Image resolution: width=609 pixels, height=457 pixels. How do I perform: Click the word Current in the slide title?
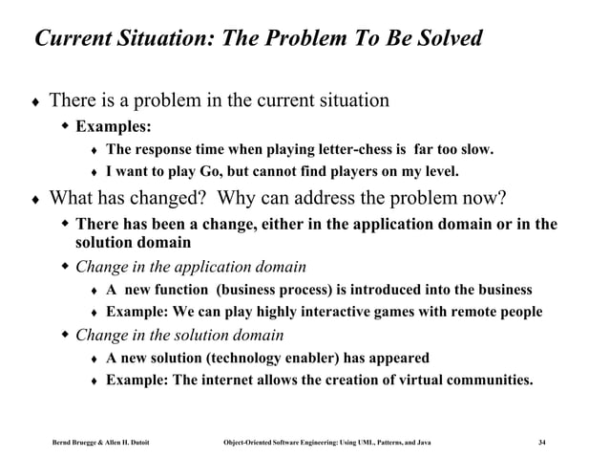(x=74, y=40)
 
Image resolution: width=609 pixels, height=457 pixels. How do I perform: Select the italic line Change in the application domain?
(x=190, y=267)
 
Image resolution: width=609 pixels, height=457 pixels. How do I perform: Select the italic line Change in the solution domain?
(x=178, y=335)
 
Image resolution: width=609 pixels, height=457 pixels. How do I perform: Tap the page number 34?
(x=542, y=441)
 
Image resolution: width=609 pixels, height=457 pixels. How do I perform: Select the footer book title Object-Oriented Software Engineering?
(x=287, y=441)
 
